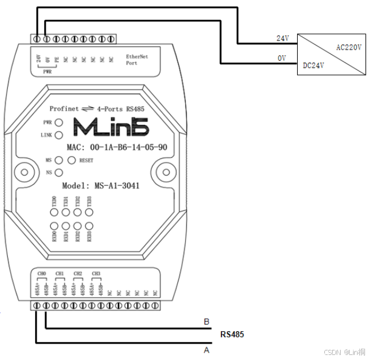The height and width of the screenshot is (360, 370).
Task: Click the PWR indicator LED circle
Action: point(58,122)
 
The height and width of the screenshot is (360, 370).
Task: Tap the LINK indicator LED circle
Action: point(58,135)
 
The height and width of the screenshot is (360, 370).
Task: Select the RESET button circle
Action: point(71,160)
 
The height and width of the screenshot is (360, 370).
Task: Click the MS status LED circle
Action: point(58,160)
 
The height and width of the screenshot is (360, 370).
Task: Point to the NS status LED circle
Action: point(58,172)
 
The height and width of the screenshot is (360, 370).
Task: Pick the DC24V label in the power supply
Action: point(314,65)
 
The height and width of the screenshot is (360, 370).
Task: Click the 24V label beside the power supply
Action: point(282,38)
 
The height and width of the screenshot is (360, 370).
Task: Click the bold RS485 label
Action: point(232,335)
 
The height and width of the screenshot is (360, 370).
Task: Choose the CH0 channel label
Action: point(41,274)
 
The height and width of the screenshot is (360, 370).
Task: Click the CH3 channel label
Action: point(96,274)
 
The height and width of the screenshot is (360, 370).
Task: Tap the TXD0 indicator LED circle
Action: point(55,213)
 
